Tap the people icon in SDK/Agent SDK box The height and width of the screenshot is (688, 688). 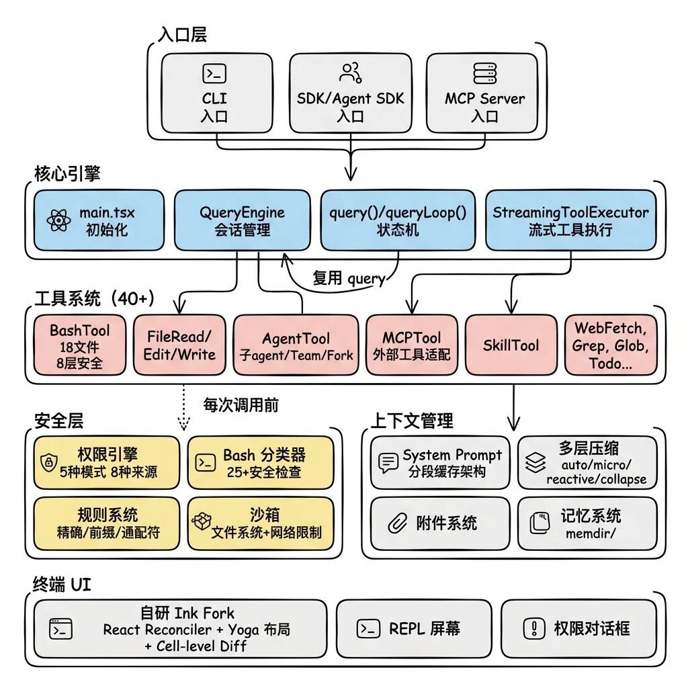point(351,72)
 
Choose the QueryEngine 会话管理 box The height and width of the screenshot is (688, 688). point(242,220)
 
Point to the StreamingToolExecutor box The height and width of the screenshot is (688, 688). point(570,220)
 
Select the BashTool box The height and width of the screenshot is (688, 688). point(79,345)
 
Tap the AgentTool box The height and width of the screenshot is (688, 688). point(296,345)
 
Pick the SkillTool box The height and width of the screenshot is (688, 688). point(511,345)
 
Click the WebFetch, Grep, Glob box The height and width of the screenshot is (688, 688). point(610,345)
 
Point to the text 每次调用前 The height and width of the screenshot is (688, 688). point(241,404)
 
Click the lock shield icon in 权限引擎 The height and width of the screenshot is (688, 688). point(48,462)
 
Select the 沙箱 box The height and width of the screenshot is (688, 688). point(260,523)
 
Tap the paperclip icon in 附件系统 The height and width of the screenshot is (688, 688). point(397,523)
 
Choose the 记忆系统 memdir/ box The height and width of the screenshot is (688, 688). point(587,523)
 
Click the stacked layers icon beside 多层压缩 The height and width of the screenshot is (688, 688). point(535,462)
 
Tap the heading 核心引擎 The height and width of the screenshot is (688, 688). point(67,173)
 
